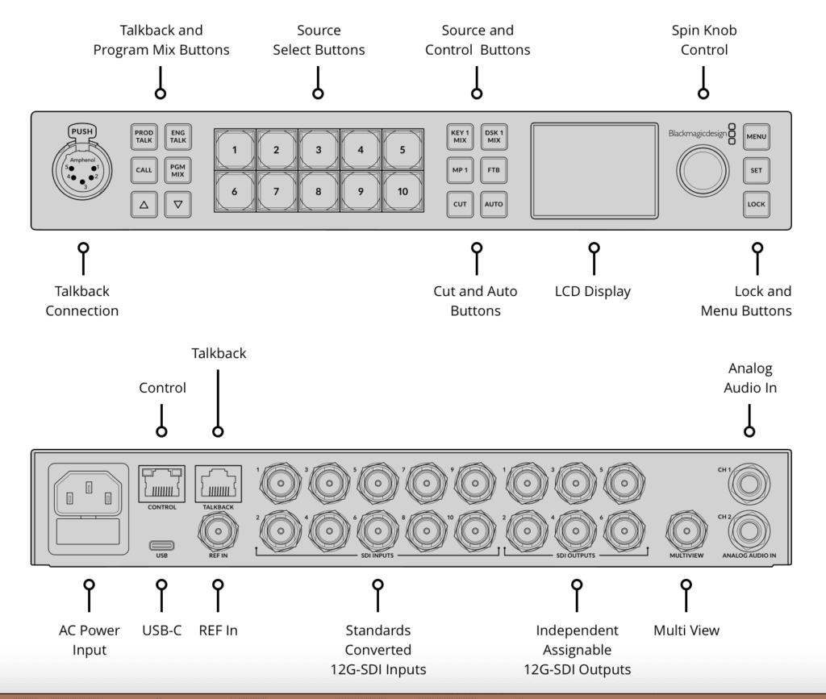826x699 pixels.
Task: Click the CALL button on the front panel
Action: pyautogui.click(x=144, y=170)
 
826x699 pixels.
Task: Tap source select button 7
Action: pyautogui.click(x=277, y=192)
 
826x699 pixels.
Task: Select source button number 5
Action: pyautogui.click(x=403, y=150)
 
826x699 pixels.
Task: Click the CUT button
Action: pyautogui.click(x=460, y=204)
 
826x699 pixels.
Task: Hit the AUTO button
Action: pyautogui.click(x=494, y=204)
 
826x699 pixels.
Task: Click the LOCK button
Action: pyautogui.click(x=756, y=204)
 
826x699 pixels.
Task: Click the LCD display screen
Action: pyautogui.click(x=594, y=170)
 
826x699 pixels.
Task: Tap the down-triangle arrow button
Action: pyautogui.click(x=177, y=205)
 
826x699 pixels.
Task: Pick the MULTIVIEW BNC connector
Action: pyautogui.click(x=686, y=530)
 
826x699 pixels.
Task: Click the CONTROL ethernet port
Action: pyautogui.click(x=161, y=484)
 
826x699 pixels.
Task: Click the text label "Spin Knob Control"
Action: pyautogui.click(x=703, y=40)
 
